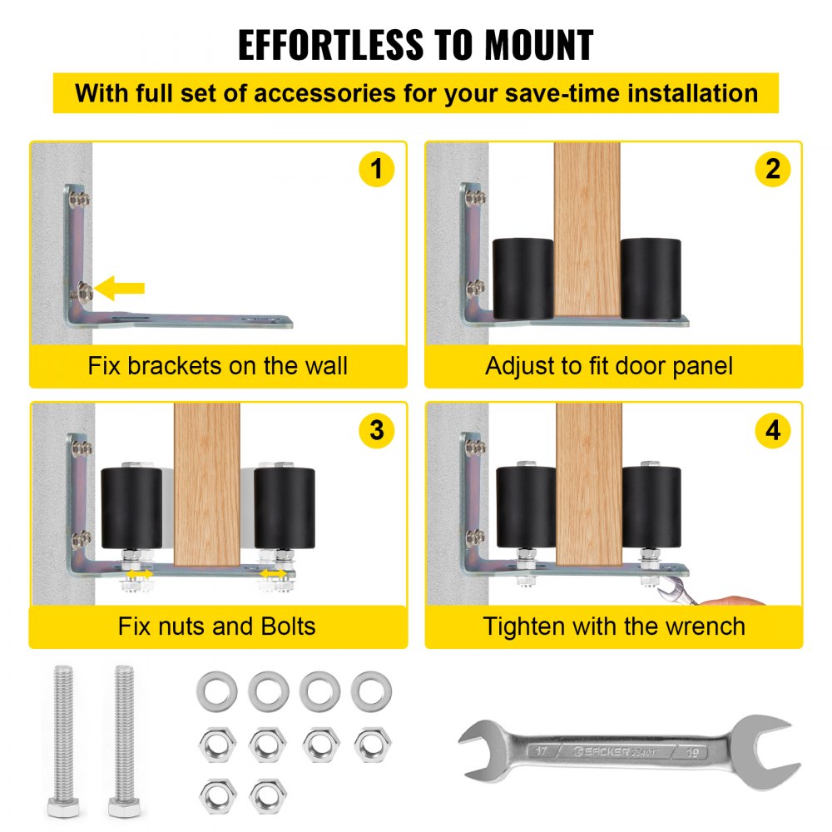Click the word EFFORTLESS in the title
(330, 45)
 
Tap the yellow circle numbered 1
(376, 169)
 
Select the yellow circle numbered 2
(773, 169)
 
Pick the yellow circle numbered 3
(376, 430)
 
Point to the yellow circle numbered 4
(773, 430)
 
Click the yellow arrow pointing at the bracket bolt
(119, 288)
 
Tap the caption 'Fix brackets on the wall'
(217, 366)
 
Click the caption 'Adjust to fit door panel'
(609, 366)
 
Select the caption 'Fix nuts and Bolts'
(216, 626)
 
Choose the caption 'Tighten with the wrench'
(614, 626)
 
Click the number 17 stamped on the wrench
(541, 750)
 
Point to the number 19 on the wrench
(692, 752)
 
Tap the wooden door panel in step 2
(587, 230)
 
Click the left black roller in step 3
(131, 508)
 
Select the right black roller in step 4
(651, 508)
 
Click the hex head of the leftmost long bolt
(64, 808)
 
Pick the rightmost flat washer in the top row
(371, 691)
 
